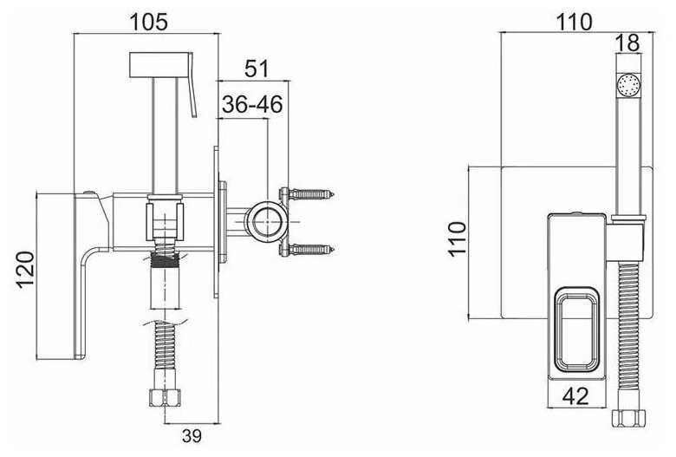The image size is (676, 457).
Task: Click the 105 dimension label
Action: coord(149,22)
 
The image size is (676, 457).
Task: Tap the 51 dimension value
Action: coord(257,69)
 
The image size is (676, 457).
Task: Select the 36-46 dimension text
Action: coord(252,104)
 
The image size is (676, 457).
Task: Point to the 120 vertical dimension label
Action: coord(25,270)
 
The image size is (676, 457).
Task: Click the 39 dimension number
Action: coord(192,436)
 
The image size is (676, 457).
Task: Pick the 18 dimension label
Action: coord(627,43)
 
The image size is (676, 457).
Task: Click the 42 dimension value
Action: coord(575,395)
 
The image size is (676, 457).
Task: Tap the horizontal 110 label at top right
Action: coord(575,22)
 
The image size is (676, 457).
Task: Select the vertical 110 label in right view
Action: coord(458,239)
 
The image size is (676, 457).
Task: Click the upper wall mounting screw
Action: coord(308,193)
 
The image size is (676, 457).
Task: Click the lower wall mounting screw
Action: coord(308,249)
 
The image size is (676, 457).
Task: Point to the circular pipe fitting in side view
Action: coord(267,220)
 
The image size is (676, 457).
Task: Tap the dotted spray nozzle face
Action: coord(629,85)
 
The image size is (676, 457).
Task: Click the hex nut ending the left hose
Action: coord(164,397)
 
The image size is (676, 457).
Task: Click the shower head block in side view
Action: coord(160,66)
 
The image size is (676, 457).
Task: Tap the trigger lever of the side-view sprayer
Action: coord(192,85)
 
